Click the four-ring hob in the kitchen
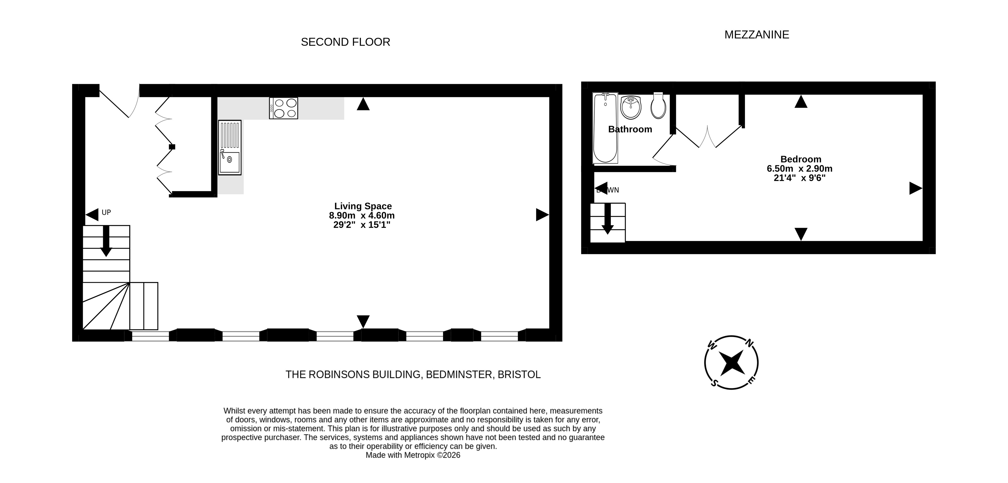tap(283, 108)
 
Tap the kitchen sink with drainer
tap(230, 147)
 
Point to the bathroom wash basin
tap(630, 107)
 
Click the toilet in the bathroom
tap(658, 105)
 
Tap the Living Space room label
tap(363, 206)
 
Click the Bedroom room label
tap(801, 159)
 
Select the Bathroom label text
tap(630, 129)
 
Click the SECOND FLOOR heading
tap(346, 42)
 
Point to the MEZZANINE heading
tap(757, 35)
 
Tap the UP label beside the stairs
tap(106, 212)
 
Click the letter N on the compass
tap(749, 344)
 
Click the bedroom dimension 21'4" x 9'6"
tap(799, 178)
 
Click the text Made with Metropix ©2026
tap(413, 455)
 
